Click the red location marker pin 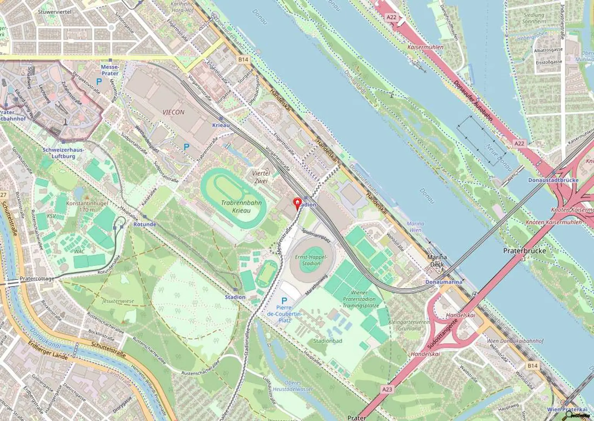click(x=297, y=203)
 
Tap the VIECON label click(x=173, y=112)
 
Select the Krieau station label click(x=221, y=125)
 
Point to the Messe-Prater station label click(x=110, y=70)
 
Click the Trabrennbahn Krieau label click(x=241, y=206)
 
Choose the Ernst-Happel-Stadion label click(x=311, y=260)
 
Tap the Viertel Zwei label click(x=261, y=177)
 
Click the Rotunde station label click(x=145, y=224)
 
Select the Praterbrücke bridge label click(x=524, y=251)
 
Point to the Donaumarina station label click(x=444, y=282)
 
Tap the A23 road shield click(x=387, y=389)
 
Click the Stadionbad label click(x=328, y=341)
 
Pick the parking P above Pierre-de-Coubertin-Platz click(x=284, y=301)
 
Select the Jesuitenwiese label click(x=118, y=301)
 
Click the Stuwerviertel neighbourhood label click(x=55, y=12)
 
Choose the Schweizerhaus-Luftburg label click(x=64, y=153)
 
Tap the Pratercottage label click(x=37, y=278)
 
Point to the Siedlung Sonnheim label click(x=534, y=18)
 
